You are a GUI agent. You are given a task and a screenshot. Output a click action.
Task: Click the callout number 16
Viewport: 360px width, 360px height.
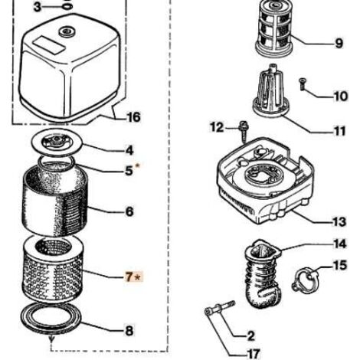[133, 117]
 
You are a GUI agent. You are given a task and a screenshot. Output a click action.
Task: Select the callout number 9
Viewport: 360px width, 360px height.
[339, 44]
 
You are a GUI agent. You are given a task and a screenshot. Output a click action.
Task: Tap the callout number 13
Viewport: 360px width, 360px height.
[339, 222]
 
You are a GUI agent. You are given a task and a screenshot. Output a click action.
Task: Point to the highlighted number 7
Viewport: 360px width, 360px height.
[129, 277]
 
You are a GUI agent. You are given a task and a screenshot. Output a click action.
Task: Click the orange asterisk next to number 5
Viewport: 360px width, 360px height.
[137, 166]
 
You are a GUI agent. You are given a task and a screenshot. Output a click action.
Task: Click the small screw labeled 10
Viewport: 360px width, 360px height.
[303, 84]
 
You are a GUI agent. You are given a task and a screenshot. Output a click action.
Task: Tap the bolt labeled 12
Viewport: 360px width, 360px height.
[243, 131]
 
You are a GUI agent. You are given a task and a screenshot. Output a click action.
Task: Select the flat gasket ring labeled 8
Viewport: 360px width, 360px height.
[51, 316]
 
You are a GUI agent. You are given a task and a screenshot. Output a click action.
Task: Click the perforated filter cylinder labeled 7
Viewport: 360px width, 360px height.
[53, 270]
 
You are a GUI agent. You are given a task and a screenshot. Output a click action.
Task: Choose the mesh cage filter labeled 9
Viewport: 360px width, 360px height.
[274, 28]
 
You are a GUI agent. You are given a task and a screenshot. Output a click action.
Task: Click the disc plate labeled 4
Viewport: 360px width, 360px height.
[57, 143]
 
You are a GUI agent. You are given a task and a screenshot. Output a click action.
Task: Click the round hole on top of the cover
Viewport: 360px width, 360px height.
[67, 32]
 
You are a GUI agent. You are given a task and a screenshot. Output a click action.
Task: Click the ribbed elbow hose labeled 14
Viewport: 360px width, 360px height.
[263, 273]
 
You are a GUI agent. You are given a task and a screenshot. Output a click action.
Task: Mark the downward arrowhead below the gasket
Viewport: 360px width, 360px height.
[51, 340]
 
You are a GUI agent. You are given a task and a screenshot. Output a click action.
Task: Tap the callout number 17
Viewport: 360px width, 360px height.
[254, 354]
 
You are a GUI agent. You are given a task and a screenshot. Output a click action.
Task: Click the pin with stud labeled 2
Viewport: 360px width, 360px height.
[220, 307]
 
